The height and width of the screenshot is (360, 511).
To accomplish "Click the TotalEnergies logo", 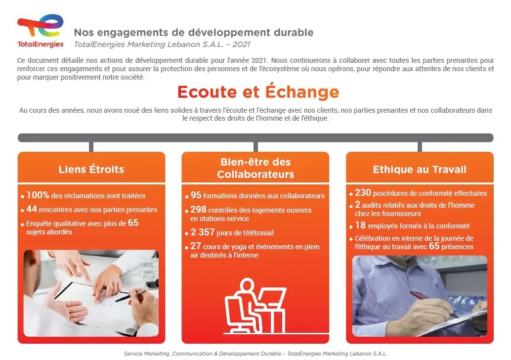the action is click(x=41, y=31).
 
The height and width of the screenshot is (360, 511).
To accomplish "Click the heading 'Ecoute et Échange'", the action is click(x=258, y=92).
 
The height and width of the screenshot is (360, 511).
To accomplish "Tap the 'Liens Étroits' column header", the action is click(x=91, y=169).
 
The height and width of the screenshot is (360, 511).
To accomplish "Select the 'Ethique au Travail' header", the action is click(x=420, y=169).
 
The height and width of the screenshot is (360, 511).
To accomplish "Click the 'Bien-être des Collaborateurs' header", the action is click(x=255, y=168).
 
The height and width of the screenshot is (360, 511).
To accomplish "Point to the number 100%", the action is click(x=38, y=195).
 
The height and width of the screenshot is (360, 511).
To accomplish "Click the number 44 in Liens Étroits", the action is click(x=32, y=209).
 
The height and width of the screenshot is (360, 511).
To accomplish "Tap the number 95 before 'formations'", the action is click(x=196, y=195).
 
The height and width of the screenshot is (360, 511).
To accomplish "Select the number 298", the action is click(x=199, y=209).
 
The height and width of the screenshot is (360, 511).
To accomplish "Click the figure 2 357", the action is click(x=203, y=232).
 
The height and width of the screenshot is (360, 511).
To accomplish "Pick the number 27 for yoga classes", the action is click(x=196, y=246).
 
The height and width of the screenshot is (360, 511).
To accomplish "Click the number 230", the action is click(x=363, y=192).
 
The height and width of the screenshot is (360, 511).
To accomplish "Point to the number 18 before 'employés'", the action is click(x=360, y=225).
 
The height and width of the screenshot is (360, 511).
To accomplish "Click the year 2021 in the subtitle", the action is click(x=241, y=45).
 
